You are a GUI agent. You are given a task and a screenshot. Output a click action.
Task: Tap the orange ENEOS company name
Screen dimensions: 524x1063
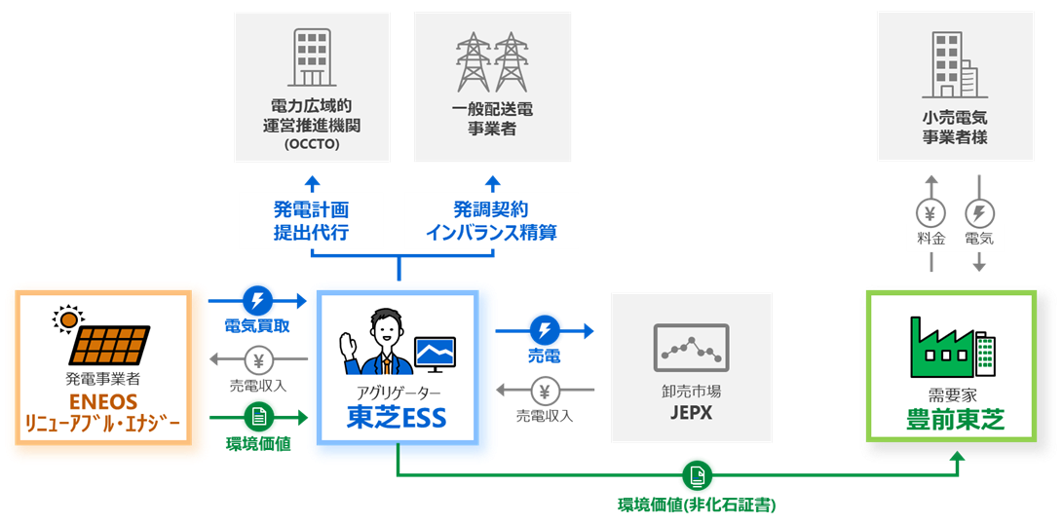(x=103, y=402)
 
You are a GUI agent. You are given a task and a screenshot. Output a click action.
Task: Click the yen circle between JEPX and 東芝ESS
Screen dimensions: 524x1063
(x=546, y=393)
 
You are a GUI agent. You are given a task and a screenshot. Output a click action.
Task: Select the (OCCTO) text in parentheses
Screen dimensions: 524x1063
(x=311, y=144)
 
